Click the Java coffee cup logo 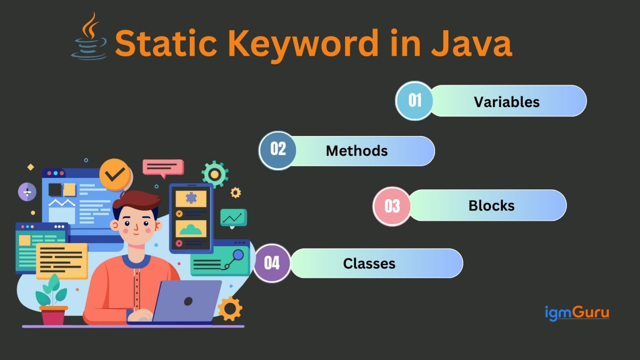pyautogui.click(x=89, y=38)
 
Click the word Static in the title pyautogui.click(x=166, y=43)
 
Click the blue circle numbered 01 pyautogui.click(x=414, y=101)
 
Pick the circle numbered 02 pyautogui.click(x=278, y=150)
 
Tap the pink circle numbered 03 pyautogui.click(x=392, y=206)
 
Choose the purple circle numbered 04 pyautogui.click(x=272, y=263)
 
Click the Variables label pyautogui.click(x=507, y=102)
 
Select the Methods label pyautogui.click(x=357, y=151)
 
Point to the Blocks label pyautogui.click(x=491, y=206)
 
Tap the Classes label pyautogui.click(x=369, y=263)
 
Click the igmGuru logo pyautogui.click(x=576, y=313)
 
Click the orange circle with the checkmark pyautogui.click(x=115, y=174)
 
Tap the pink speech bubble pyautogui.click(x=163, y=167)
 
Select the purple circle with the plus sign pyautogui.click(x=27, y=192)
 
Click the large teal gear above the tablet pyautogui.click(x=215, y=174)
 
